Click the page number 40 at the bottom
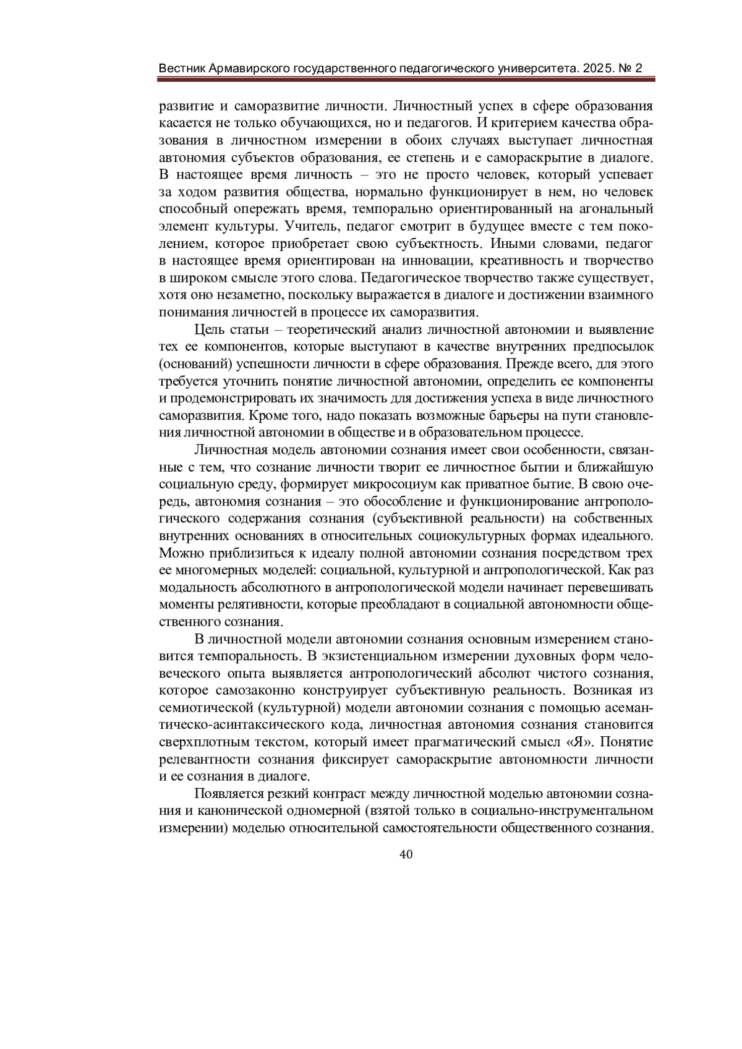(406, 854)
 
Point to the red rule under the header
(406, 80)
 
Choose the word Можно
(178, 552)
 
